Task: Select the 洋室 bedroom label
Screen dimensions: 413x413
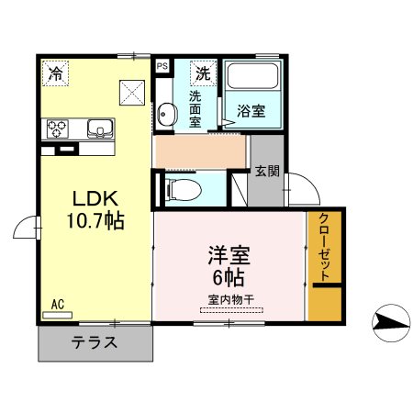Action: coord(229,253)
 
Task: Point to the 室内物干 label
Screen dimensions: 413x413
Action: coord(229,297)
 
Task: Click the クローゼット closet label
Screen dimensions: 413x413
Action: coord(324,245)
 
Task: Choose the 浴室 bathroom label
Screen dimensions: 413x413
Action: coord(251,111)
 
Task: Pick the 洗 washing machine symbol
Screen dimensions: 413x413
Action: coord(201,71)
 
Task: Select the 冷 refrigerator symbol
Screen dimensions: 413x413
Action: coord(57,73)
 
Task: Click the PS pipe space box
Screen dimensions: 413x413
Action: coord(162,66)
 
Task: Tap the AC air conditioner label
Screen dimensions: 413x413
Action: coord(57,304)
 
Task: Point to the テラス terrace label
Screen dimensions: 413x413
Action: coord(95,344)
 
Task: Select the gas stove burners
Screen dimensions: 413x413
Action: coord(58,128)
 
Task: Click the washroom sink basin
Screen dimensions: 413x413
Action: coord(166,114)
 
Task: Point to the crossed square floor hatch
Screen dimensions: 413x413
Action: coord(131,91)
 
